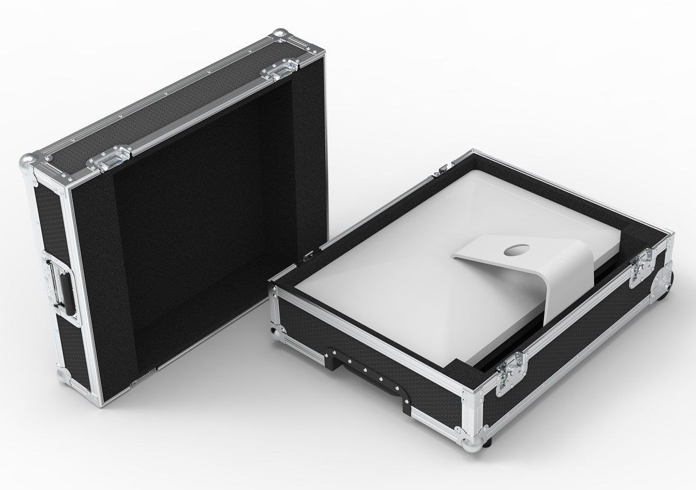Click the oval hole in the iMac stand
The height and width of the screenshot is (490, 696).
tap(513, 251)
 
